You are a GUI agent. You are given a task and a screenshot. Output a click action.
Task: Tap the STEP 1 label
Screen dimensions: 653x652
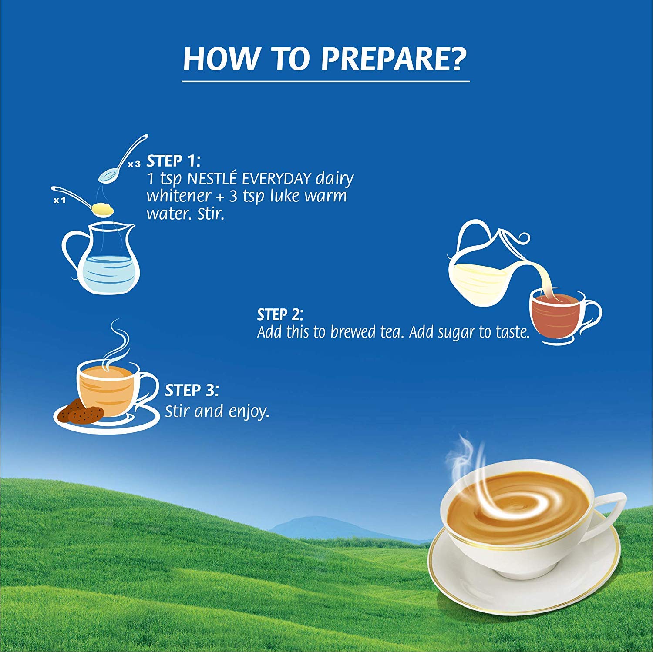click(x=173, y=161)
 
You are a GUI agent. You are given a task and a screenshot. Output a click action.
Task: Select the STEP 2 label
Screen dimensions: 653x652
click(x=280, y=314)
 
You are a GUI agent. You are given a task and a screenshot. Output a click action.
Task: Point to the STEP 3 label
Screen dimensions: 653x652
click(x=192, y=390)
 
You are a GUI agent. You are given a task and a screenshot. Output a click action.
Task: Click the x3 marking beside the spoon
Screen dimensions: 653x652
click(x=135, y=164)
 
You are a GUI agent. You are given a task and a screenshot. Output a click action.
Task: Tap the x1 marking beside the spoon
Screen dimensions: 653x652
click(x=59, y=201)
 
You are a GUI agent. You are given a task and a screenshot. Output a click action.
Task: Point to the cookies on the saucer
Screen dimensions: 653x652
click(x=81, y=411)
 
